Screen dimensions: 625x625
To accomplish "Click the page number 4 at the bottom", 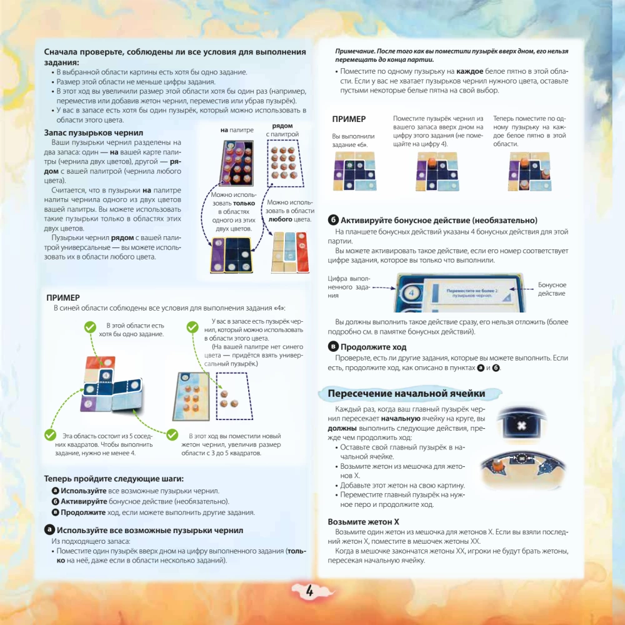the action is (309, 591).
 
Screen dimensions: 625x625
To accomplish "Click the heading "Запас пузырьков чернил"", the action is (93, 132).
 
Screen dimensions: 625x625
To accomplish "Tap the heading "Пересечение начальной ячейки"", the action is (406, 393).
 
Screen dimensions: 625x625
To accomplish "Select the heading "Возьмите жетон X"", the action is (363, 522).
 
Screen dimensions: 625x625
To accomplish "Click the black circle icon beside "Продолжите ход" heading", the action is (333, 346).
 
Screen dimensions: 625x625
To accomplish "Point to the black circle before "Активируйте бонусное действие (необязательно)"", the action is (333, 220).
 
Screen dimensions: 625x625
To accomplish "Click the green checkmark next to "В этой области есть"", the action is (90, 327).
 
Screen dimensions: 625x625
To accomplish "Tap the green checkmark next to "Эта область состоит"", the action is (50, 434).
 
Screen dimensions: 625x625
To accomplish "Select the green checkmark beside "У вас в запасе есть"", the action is (192, 327).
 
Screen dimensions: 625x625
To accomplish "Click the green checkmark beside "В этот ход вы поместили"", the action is (172, 434).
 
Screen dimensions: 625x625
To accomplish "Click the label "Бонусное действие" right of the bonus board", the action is (552, 289).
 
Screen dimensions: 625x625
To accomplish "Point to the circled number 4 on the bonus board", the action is (411, 293).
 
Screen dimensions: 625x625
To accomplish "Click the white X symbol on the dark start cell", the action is (521, 426).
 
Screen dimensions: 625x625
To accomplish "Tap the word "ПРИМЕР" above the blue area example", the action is (63, 297).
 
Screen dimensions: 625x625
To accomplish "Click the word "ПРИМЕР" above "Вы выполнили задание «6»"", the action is (349, 119).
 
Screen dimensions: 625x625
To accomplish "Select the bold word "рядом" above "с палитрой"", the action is (282, 126).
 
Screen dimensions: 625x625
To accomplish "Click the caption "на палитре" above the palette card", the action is (237, 130).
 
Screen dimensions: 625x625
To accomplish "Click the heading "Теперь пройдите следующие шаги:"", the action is (114, 479).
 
